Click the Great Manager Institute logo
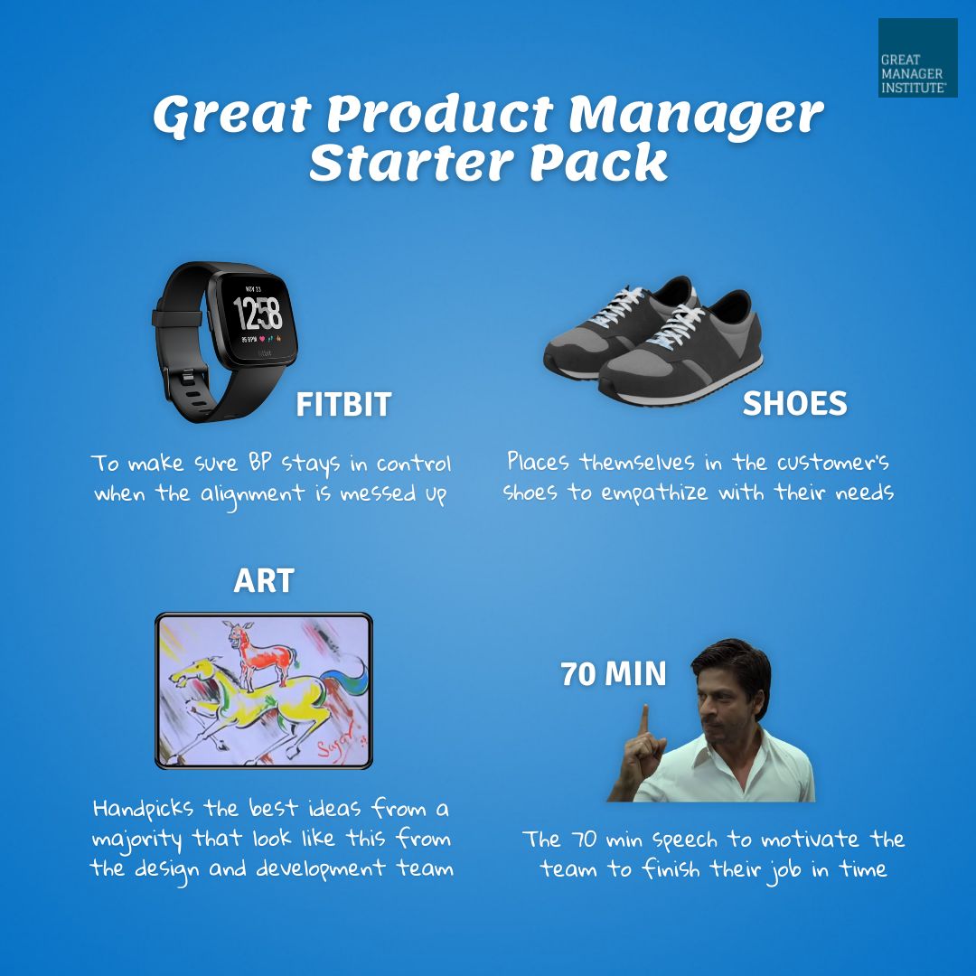[x=917, y=58]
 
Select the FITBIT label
[x=343, y=404]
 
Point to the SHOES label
[x=794, y=404]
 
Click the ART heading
[x=264, y=581]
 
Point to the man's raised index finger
[x=644, y=718]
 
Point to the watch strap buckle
[x=182, y=374]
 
